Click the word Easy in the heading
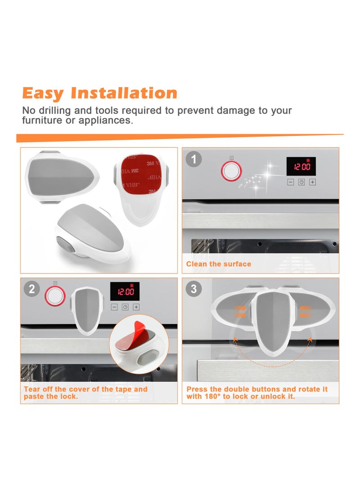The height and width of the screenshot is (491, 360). click(x=43, y=93)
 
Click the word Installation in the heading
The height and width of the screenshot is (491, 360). click(x=124, y=93)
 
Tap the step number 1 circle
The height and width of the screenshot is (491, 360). click(x=194, y=159)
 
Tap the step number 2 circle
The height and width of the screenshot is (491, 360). click(x=31, y=289)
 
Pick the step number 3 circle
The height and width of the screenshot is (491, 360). click(x=194, y=289)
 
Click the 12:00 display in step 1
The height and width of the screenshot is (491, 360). click(x=301, y=167)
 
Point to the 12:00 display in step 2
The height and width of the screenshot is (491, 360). click(x=125, y=291)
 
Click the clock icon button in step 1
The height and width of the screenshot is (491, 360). click(x=301, y=182)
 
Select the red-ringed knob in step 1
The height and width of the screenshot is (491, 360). click(x=231, y=171)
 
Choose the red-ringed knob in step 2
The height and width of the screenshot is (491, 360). click(x=54, y=296)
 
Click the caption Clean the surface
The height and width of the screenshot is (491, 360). click(x=219, y=264)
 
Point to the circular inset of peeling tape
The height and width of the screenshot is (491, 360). click(x=138, y=345)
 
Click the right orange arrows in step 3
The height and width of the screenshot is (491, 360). click(x=306, y=312)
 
